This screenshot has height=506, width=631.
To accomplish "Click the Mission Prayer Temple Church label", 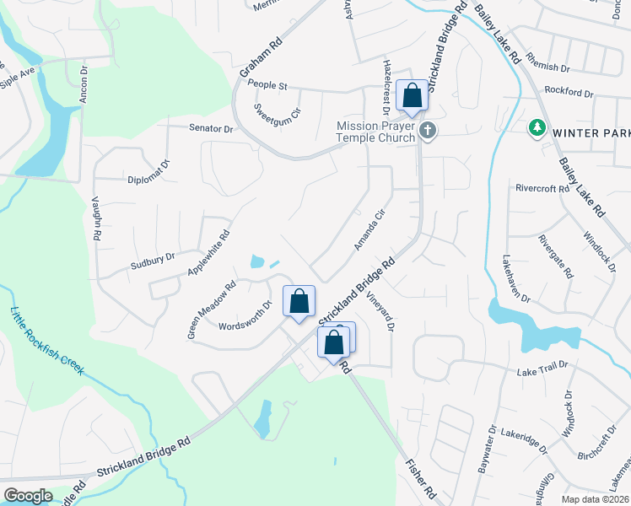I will [x=376, y=132].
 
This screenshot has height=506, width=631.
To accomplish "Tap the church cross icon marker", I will [x=429, y=131].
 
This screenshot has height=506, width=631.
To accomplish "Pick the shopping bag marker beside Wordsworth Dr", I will [x=299, y=302].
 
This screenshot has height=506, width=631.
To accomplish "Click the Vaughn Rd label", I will [x=96, y=222].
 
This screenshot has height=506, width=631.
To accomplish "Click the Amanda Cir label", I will [x=369, y=229].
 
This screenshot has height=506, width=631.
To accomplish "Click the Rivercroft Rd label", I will [x=542, y=189].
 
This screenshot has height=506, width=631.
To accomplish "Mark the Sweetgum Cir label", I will [x=278, y=112].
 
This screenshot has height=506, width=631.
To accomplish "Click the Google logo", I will [x=28, y=496].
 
